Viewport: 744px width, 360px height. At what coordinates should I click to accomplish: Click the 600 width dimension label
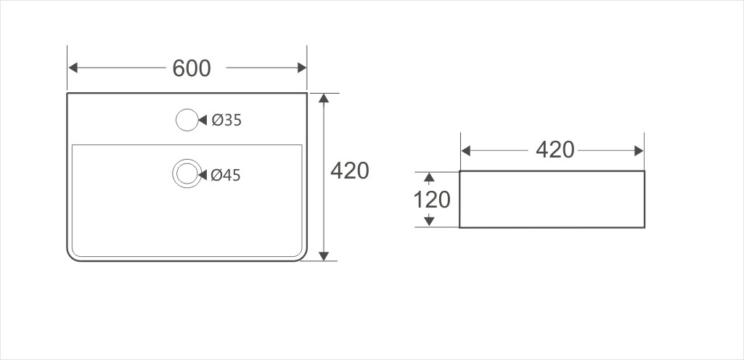click(x=191, y=68)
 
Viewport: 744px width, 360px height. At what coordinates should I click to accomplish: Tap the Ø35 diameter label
click(x=226, y=120)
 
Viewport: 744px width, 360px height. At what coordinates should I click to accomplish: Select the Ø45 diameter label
click(x=226, y=176)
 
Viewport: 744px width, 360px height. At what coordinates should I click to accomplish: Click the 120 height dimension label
click(x=432, y=200)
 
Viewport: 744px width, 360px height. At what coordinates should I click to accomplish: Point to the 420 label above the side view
click(x=555, y=150)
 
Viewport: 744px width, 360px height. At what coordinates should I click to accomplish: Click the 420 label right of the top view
click(x=350, y=171)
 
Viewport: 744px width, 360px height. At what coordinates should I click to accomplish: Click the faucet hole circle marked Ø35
click(x=187, y=120)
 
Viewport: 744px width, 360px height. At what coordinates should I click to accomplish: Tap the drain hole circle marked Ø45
click(x=187, y=173)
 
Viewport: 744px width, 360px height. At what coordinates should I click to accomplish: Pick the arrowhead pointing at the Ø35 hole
click(x=203, y=120)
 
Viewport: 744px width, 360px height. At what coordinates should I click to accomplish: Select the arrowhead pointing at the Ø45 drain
click(x=203, y=175)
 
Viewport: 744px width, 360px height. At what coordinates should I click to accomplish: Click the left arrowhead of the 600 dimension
click(x=73, y=67)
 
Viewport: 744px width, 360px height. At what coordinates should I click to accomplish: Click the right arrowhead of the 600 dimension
click(x=302, y=67)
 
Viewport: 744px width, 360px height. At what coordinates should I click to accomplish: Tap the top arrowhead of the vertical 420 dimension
click(x=324, y=98)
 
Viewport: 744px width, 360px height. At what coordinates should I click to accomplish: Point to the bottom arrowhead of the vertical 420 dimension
click(x=324, y=256)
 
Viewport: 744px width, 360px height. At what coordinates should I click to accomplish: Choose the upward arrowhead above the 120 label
click(x=430, y=178)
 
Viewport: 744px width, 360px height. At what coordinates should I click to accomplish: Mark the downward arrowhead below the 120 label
click(x=430, y=221)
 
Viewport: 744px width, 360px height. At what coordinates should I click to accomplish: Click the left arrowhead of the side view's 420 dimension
click(x=466, y=151)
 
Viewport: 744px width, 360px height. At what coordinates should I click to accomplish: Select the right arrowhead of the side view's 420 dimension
click(x=639, y=151)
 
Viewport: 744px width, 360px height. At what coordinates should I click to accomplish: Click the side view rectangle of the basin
click(x=552, y=199)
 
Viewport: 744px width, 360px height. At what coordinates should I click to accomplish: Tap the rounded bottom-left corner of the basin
click(x=73, y=254)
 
